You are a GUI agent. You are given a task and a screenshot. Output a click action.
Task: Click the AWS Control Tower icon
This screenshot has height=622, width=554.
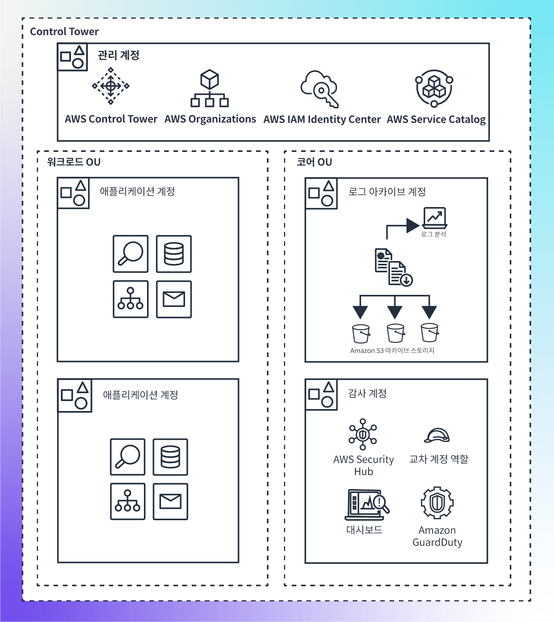tap(111, 86)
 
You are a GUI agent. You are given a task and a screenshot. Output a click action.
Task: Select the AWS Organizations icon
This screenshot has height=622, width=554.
tap(209, 88)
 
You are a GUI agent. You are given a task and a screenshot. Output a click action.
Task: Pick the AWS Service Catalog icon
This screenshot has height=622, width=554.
tap(434, 89)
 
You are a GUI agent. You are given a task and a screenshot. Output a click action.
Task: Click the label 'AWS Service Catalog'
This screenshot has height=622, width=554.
tap(436, 119)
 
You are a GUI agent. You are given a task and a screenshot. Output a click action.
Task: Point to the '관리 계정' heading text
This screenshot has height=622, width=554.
tap(118, 55)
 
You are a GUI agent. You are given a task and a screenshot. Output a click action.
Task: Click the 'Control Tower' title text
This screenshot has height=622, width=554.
tap(64, 31)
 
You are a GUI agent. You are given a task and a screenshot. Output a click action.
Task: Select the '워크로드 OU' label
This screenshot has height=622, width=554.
tap(74, 162)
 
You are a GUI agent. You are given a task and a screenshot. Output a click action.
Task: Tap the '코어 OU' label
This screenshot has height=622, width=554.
tap(314, 162)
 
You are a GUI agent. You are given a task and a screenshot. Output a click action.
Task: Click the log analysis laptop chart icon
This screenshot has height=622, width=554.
tap(435, 218)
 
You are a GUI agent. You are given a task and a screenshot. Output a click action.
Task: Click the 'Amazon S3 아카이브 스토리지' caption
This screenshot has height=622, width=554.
tap(392, 350)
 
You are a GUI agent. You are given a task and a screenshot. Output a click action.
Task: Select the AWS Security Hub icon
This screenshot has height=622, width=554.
tap(363, 434)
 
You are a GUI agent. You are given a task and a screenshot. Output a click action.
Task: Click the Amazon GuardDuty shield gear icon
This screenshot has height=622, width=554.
tap(437, 502)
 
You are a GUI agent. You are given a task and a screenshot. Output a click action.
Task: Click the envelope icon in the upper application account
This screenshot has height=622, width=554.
tap(174, 299)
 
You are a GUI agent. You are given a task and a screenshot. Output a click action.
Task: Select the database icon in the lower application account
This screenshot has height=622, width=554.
tap(170, 457)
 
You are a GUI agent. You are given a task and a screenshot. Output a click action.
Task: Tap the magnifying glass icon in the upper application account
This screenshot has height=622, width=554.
tap(130, 254)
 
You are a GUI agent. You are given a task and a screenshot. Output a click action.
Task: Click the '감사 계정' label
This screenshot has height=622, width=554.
tap(367, 393)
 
